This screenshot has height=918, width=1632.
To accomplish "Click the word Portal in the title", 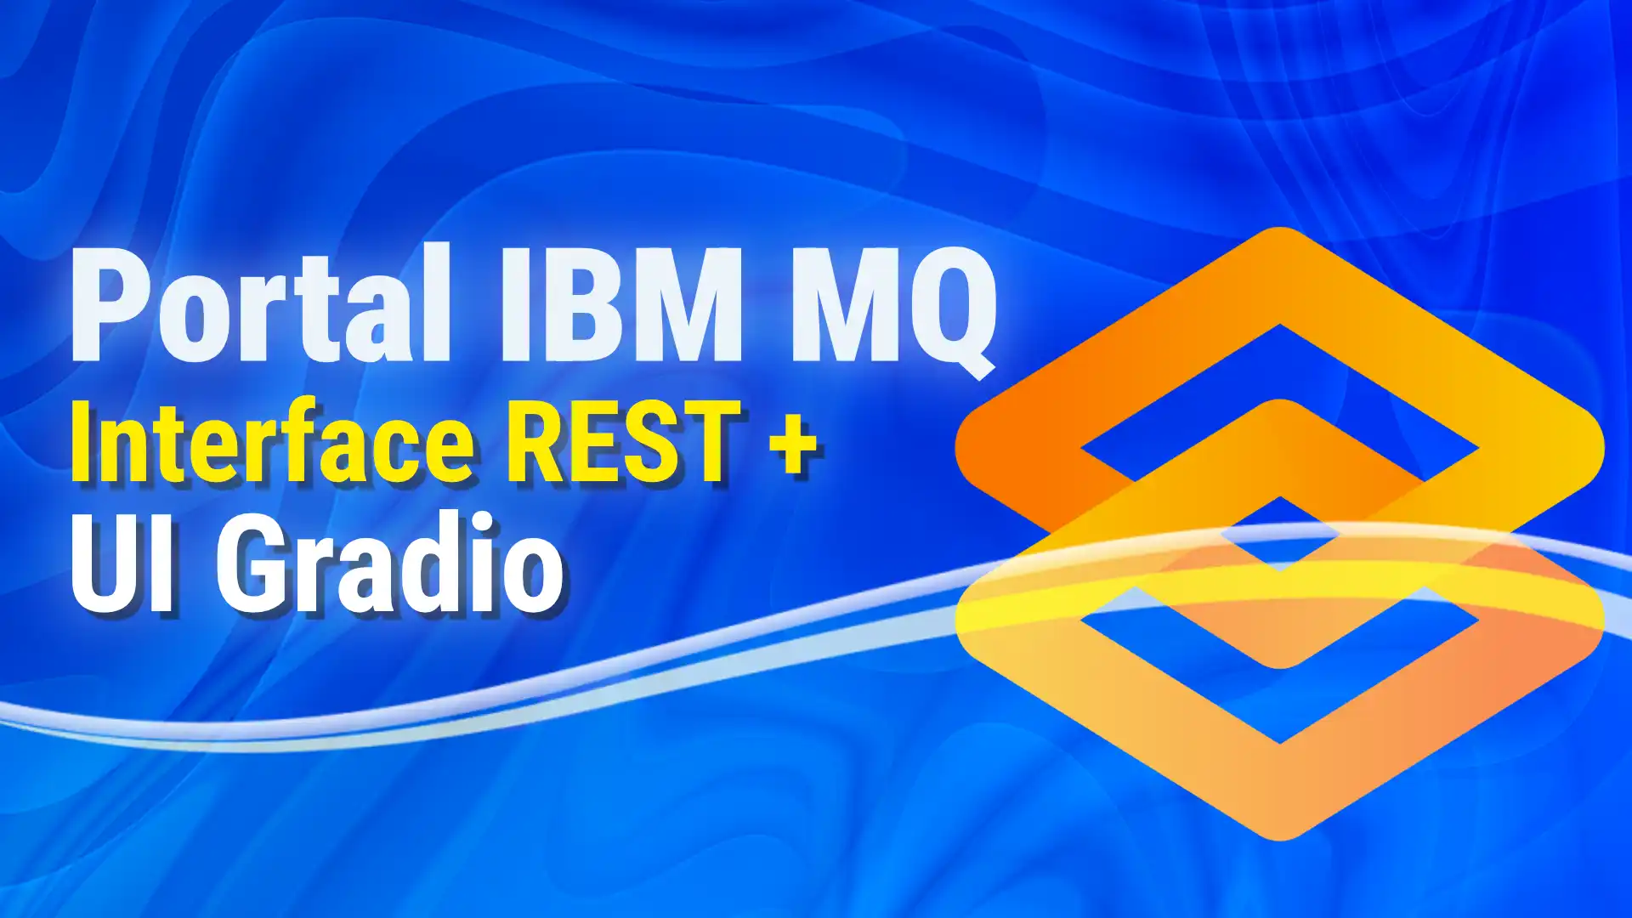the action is coord(261,303).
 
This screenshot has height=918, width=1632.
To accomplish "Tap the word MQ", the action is coord(895,311).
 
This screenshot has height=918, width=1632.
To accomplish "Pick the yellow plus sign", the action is coord(794,446).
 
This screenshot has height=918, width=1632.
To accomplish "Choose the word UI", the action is coord(122,562).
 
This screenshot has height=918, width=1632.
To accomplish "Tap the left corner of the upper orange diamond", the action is coord(958,448).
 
